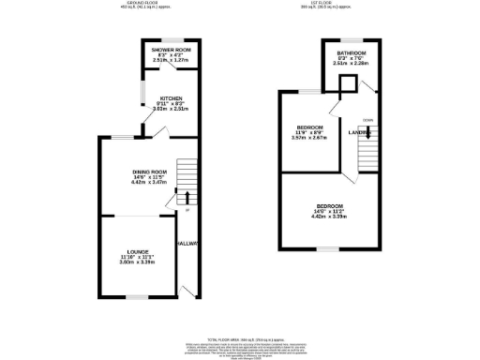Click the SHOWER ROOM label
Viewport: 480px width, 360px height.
point(158,49)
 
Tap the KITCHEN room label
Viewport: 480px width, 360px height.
point(158,97)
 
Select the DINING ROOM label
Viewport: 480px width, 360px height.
point(148,172)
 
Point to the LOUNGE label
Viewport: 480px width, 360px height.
point(139,251)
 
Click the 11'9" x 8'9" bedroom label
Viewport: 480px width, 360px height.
point(309,127)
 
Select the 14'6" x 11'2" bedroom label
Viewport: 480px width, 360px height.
point(329,205)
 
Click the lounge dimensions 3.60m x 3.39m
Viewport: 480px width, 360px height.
point(139,262)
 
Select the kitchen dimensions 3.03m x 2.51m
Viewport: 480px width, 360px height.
point(158,108)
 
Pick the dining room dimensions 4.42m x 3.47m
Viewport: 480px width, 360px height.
point(148,182)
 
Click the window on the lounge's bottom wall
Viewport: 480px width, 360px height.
point(139,297)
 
